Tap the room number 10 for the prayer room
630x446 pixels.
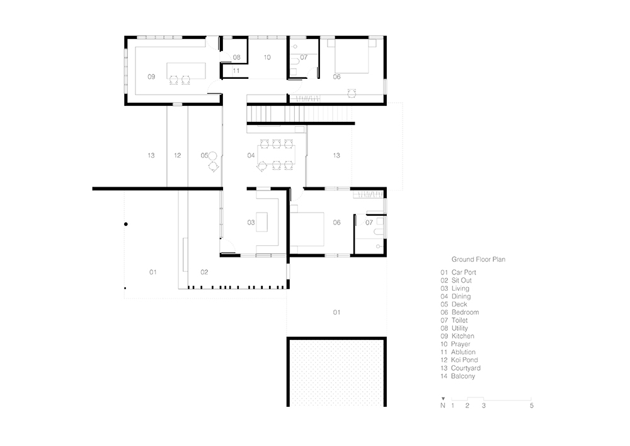point(267,57)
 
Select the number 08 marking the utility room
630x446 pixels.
point(236,57)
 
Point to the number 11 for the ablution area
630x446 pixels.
point(236,71)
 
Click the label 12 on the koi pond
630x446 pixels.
point(178,155)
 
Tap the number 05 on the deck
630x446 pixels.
point(204,155)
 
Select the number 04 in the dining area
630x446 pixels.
point(251,155)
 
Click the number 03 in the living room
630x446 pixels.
point(251,223)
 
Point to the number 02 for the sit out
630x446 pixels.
point(204,272)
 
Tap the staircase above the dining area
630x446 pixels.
point(296,114)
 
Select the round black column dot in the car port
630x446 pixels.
point(126,225)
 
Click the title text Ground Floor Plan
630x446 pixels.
point(478,259)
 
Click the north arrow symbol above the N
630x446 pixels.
point(444,399)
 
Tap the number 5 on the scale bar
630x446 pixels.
point(532,406)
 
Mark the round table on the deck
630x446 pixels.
point(213,155)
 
